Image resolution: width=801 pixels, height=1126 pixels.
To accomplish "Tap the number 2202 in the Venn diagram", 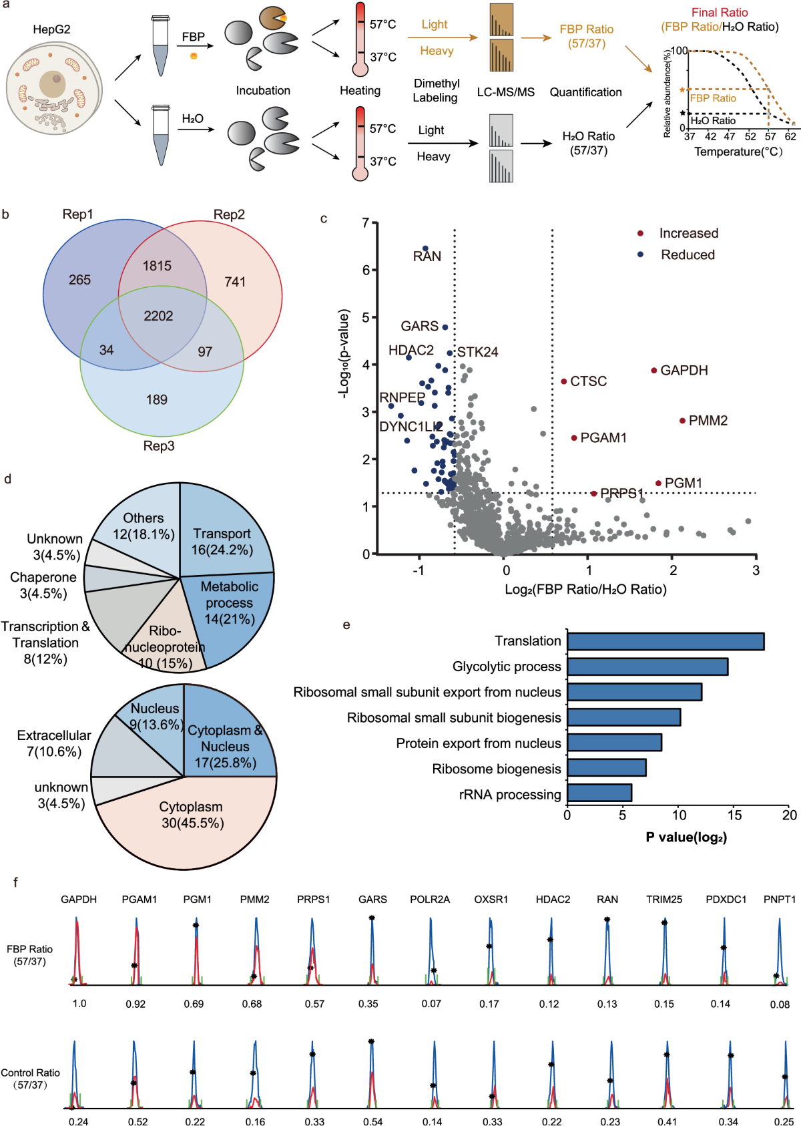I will pyautogui.click(x=158, y=316).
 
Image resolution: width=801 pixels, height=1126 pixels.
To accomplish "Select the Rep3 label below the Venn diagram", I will pyautogui.click(x=159, y=445).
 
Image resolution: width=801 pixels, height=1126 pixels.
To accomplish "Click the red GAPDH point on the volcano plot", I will pyautogui.click(x=654, y=370).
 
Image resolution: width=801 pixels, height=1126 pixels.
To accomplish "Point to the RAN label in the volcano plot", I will pyautogui.click(x=427, y=256).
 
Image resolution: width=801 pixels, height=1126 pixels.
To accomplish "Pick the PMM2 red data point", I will pyautogui.click(x=682, y=421).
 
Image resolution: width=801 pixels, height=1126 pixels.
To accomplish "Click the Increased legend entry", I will pyautogui.click(x=688, y=233).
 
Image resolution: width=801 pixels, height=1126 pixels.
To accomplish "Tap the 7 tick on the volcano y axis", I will pyautogui.click(x=366, y=223).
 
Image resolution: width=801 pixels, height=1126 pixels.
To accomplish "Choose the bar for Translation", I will pyautogui.click(x=665, y=641).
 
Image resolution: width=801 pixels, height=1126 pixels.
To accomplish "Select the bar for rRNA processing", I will pyautogui.click(x=599, y=793).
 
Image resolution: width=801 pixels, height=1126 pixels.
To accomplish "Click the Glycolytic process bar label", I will pyautogui.click(x=507, y=667).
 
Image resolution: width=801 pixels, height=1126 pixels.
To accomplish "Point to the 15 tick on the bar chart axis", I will pyautogui.click(x=734, y=815).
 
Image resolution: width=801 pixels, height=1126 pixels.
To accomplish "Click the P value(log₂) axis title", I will pyautogui.click(x=686, y=837).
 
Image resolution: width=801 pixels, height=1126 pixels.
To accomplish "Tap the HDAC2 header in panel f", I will pyautogui.click(x=553, y=900).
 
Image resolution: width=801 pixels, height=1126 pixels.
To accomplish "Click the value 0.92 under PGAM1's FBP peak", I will pyautogui.click(x=136, y=1004).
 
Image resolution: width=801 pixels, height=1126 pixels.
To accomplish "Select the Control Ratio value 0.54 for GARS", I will pyautogui.click(x=372, y=1122).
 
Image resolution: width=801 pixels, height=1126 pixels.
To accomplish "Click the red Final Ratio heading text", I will pyautogui.click(x=720, y=13).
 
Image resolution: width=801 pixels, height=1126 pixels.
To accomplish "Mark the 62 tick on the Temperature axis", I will pyautogui.click(x=790, y=136).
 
